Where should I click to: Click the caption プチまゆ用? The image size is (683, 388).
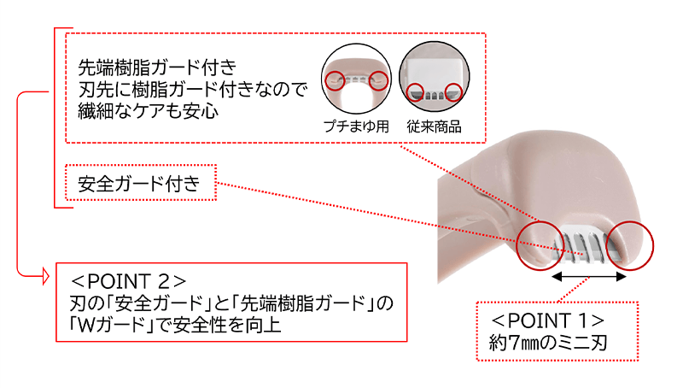(355, 126)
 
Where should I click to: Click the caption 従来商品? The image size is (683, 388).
(435, 126)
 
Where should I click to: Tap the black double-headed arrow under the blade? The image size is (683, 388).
(590, 277)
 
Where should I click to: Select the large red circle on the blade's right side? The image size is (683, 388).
(628, 242)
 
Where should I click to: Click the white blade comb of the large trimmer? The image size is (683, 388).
(584, 242)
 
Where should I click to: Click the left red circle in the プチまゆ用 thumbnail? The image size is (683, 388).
(335, 79)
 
